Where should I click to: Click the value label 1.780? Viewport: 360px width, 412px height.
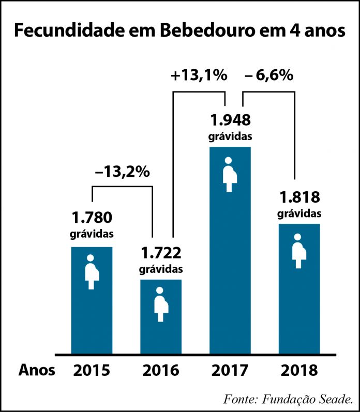coord(92,217)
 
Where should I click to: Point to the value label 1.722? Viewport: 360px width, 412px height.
coord(161,253)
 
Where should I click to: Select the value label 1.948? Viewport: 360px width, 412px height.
coord(230,120)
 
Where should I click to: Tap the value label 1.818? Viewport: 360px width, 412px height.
coord(299,197)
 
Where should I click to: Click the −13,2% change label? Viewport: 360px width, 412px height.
coord(122,172)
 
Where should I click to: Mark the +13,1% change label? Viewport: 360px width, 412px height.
coord(199,75)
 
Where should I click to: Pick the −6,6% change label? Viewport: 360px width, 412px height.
coord(269,75)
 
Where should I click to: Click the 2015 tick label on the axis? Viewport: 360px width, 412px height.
coord(92,371)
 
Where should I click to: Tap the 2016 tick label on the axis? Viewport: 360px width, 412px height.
coord(161,371)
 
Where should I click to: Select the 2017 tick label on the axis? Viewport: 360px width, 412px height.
coord(230,371)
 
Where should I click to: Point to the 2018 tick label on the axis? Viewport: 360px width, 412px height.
coord(299,371)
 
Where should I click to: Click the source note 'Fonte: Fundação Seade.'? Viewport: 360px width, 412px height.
coord(289,399)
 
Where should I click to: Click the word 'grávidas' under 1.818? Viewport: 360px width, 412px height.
coord(299,213)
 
